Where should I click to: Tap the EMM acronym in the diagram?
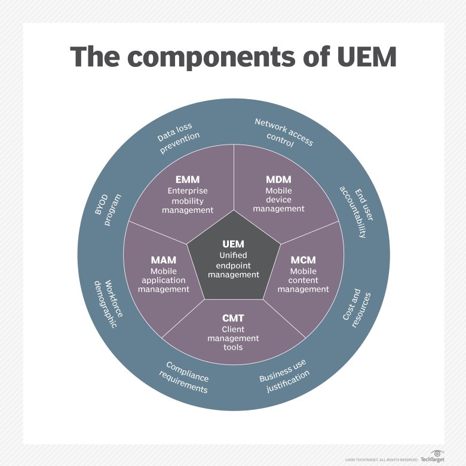[188, 179]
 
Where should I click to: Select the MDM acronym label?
[278, 179]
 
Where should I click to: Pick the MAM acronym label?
[163, 260]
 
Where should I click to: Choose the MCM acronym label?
[303, 260]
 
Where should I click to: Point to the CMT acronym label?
[233, 318]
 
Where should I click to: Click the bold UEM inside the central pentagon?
[233, 244]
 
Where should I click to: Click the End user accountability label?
[356, 211]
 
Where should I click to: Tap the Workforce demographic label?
[108, 303]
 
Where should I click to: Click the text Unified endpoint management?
[233, 265]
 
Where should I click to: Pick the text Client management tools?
[233, 338]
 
